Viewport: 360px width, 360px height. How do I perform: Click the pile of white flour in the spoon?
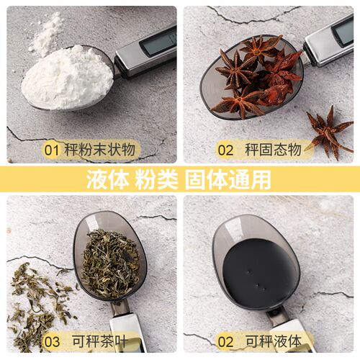67,78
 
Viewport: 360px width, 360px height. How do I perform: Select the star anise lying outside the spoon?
330,132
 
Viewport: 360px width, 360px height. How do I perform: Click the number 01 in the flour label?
52,150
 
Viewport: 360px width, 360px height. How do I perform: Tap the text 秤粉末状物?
99,150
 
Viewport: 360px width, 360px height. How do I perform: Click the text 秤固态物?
273,150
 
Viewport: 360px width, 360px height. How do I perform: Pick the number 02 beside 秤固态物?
225,150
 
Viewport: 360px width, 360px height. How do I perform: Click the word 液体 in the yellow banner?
107,179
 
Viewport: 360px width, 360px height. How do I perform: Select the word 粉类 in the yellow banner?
156,179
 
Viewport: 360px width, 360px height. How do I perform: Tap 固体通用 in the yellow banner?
228,179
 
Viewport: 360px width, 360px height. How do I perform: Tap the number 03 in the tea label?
52,341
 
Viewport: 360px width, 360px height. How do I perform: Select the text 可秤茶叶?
99,341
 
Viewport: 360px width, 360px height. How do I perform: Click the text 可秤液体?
274,341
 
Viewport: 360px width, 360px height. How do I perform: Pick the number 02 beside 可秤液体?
225,341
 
